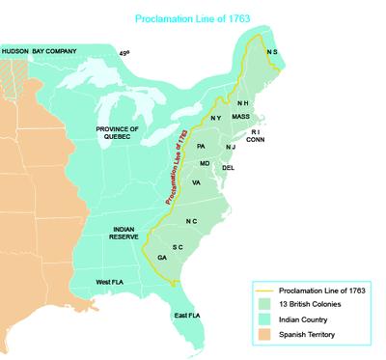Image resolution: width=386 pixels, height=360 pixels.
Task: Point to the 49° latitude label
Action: click(123, 53)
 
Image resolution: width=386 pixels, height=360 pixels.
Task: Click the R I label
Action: click(256, 131)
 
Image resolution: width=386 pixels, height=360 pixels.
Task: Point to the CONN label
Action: click(256, 140)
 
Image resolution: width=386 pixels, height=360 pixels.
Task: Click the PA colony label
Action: click(201, 146)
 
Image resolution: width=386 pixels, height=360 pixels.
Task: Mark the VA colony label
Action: click(196, 181)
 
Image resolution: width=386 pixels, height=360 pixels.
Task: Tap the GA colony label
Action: click(162, 258)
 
